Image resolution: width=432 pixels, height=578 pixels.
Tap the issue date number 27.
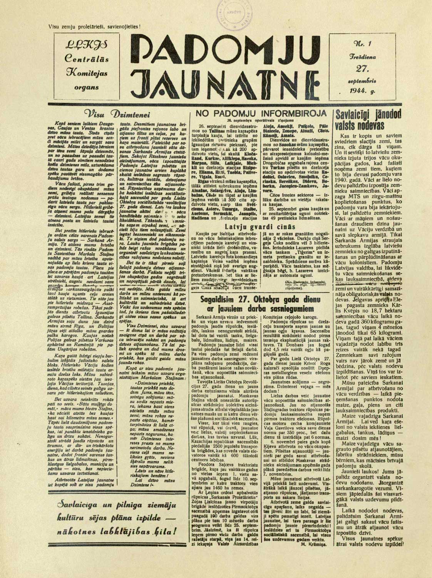pos(363,69)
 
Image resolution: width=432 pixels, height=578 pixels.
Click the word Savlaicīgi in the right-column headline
pos(357,114)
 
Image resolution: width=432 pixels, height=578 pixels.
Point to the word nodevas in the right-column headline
pos(372,125)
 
